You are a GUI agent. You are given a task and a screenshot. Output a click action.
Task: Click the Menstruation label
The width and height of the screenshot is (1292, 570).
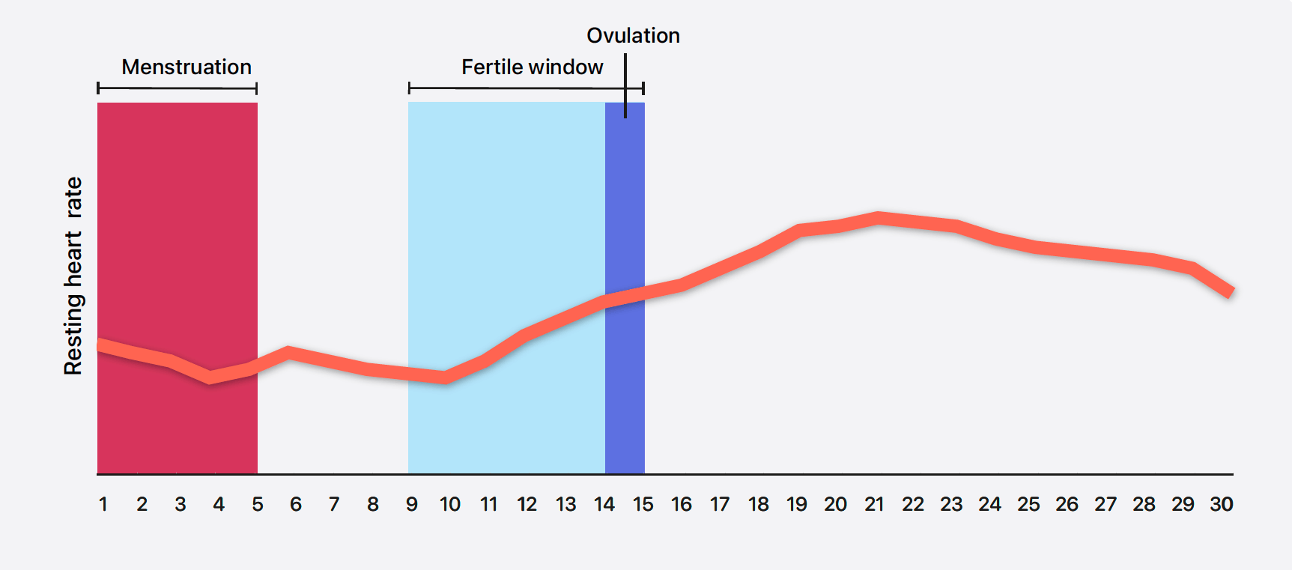(x=186, y=67)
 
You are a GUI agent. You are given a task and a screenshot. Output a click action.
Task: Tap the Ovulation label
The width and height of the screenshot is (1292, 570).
(x=633, y=36)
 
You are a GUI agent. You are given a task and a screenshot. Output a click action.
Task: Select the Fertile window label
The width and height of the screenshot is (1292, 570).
(x=532, y=67)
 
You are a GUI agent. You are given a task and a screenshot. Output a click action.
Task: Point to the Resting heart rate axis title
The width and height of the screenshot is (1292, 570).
(x=73, y=276)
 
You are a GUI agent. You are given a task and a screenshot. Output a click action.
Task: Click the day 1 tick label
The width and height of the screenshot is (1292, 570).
(x=103, y=505)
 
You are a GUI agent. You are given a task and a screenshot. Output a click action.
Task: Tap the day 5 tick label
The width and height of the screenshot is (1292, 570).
(x=258, y=505)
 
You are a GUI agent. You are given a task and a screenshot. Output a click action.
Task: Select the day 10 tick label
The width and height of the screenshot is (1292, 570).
(x=450, y=505)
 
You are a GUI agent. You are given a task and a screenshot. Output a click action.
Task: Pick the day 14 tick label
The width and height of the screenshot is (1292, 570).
(x=604, y=505)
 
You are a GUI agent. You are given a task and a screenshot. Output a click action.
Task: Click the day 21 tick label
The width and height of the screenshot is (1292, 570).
(x=874, y=505)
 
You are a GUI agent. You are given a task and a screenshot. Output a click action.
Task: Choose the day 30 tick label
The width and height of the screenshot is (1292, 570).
(x=1222, y=505)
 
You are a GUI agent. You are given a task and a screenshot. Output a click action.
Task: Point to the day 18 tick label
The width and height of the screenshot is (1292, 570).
(x=759, y=505)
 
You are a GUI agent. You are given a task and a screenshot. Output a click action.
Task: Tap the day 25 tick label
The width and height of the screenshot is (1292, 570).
(x=1028, y=505)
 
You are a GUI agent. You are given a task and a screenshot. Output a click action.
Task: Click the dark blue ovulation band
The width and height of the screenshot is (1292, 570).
(x=625, y=389)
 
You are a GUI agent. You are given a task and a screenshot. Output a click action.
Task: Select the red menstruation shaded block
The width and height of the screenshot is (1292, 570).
(x=178, y=225)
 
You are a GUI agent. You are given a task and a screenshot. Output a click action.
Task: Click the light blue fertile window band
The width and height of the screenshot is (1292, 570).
(x=506, y=225)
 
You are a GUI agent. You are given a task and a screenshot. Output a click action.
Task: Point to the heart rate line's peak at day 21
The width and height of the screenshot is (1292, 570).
(x=878, y=218)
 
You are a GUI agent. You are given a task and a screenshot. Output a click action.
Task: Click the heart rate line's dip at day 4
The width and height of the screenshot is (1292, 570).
(x=211, y=378)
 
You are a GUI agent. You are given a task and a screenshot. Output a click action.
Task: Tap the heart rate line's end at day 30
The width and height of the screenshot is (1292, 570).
(x=1230, y=291)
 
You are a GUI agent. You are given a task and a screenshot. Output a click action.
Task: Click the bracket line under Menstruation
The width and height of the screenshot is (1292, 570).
(x=178, y=88)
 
